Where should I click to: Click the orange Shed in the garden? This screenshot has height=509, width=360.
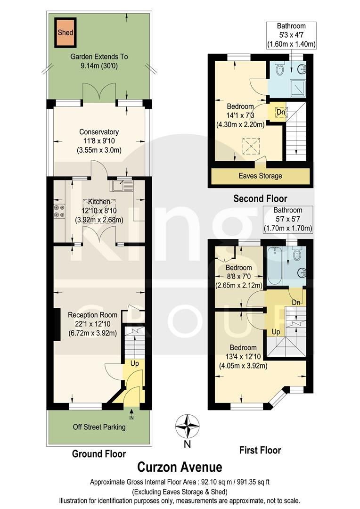65,33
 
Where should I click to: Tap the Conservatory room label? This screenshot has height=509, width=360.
99,132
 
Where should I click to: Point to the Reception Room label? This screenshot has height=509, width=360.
92,315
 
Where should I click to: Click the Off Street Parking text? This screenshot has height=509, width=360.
99,427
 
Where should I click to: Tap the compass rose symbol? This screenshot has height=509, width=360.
188,426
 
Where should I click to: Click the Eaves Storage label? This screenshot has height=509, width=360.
260,176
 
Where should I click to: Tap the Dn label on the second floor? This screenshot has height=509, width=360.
280,112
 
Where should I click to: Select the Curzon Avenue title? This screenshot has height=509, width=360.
179,467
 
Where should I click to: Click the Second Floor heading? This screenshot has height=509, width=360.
260,198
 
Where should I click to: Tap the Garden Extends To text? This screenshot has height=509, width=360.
99,57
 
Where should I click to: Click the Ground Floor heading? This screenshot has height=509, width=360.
99,454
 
